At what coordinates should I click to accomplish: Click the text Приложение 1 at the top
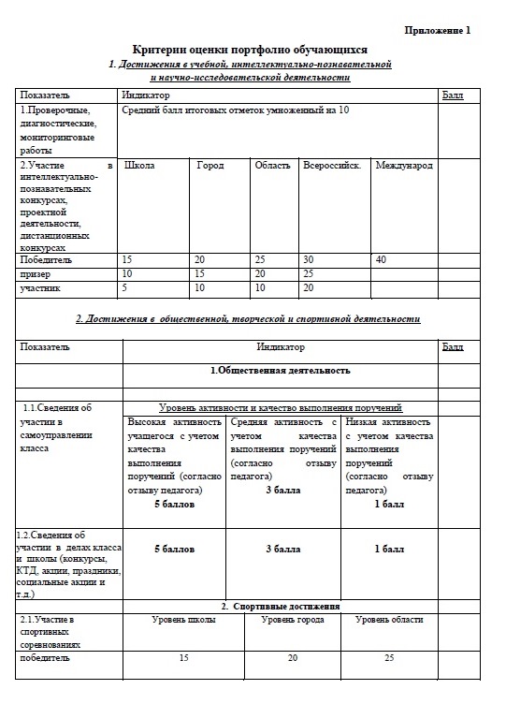(x=438, y=30)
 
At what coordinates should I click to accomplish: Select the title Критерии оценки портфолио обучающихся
(x=250, y=50)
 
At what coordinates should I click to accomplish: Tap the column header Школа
(x=139, y=166)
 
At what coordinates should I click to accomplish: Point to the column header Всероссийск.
(x=331, y=166)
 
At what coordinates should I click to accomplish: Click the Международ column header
(x=403, y=166)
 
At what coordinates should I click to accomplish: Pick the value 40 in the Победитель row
(x=381, y=259)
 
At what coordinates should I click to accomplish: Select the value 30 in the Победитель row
(x=309, y=259)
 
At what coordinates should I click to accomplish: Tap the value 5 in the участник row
(x=125, y=288)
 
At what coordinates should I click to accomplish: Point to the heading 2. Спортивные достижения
(x=281, y=607)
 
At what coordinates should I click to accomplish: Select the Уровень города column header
(x=293, y=620)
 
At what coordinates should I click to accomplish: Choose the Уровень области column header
(x=389, y=620)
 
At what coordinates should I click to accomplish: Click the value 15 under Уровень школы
(x=184, y=657)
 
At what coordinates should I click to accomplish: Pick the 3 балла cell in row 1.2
(x=282, y=549)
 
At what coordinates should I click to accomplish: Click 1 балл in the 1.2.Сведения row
(x=389, y=549)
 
